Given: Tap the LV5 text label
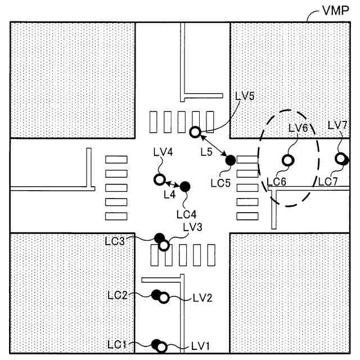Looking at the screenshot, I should (x=245, y=96).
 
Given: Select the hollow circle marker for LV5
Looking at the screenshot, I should (x=195, y=133).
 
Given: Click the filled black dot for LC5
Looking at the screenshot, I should (x=230, y=160).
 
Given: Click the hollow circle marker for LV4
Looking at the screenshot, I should (x=159, y=180).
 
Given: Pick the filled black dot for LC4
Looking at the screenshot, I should (x=185, y=186).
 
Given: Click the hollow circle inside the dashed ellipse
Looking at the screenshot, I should (x=287, y=161).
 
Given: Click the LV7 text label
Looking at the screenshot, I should (x=337, y=125).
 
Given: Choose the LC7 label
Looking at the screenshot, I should (x=327, y=181).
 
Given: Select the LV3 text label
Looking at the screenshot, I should (x=192, y=227).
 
